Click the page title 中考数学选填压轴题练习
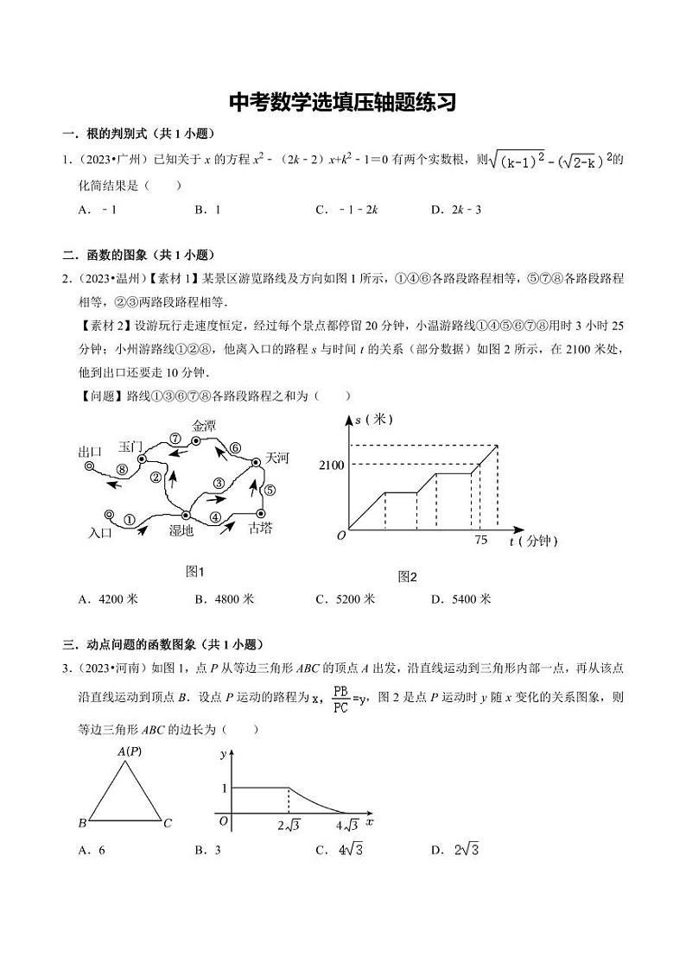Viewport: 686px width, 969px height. pos(342,103)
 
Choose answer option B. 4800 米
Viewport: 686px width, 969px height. pos(225,598)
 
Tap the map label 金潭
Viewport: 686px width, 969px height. pos(204,426)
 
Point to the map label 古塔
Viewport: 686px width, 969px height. pos(260,527)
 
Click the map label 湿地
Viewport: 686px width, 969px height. pos(181,531)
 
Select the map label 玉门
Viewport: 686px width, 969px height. pos(130,446)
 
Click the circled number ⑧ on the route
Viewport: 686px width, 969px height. pos(122,469)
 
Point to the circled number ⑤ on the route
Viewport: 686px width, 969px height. pos(268,490)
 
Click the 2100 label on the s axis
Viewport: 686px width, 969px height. pos(331,465)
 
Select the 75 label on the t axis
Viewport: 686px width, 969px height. pos(481,540)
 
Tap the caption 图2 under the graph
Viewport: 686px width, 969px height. pos(407,577)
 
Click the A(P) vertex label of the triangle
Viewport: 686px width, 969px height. pos(130,750)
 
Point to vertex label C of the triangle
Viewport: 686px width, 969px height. pos(168,823)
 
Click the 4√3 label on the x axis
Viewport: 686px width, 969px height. pos(347,824)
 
